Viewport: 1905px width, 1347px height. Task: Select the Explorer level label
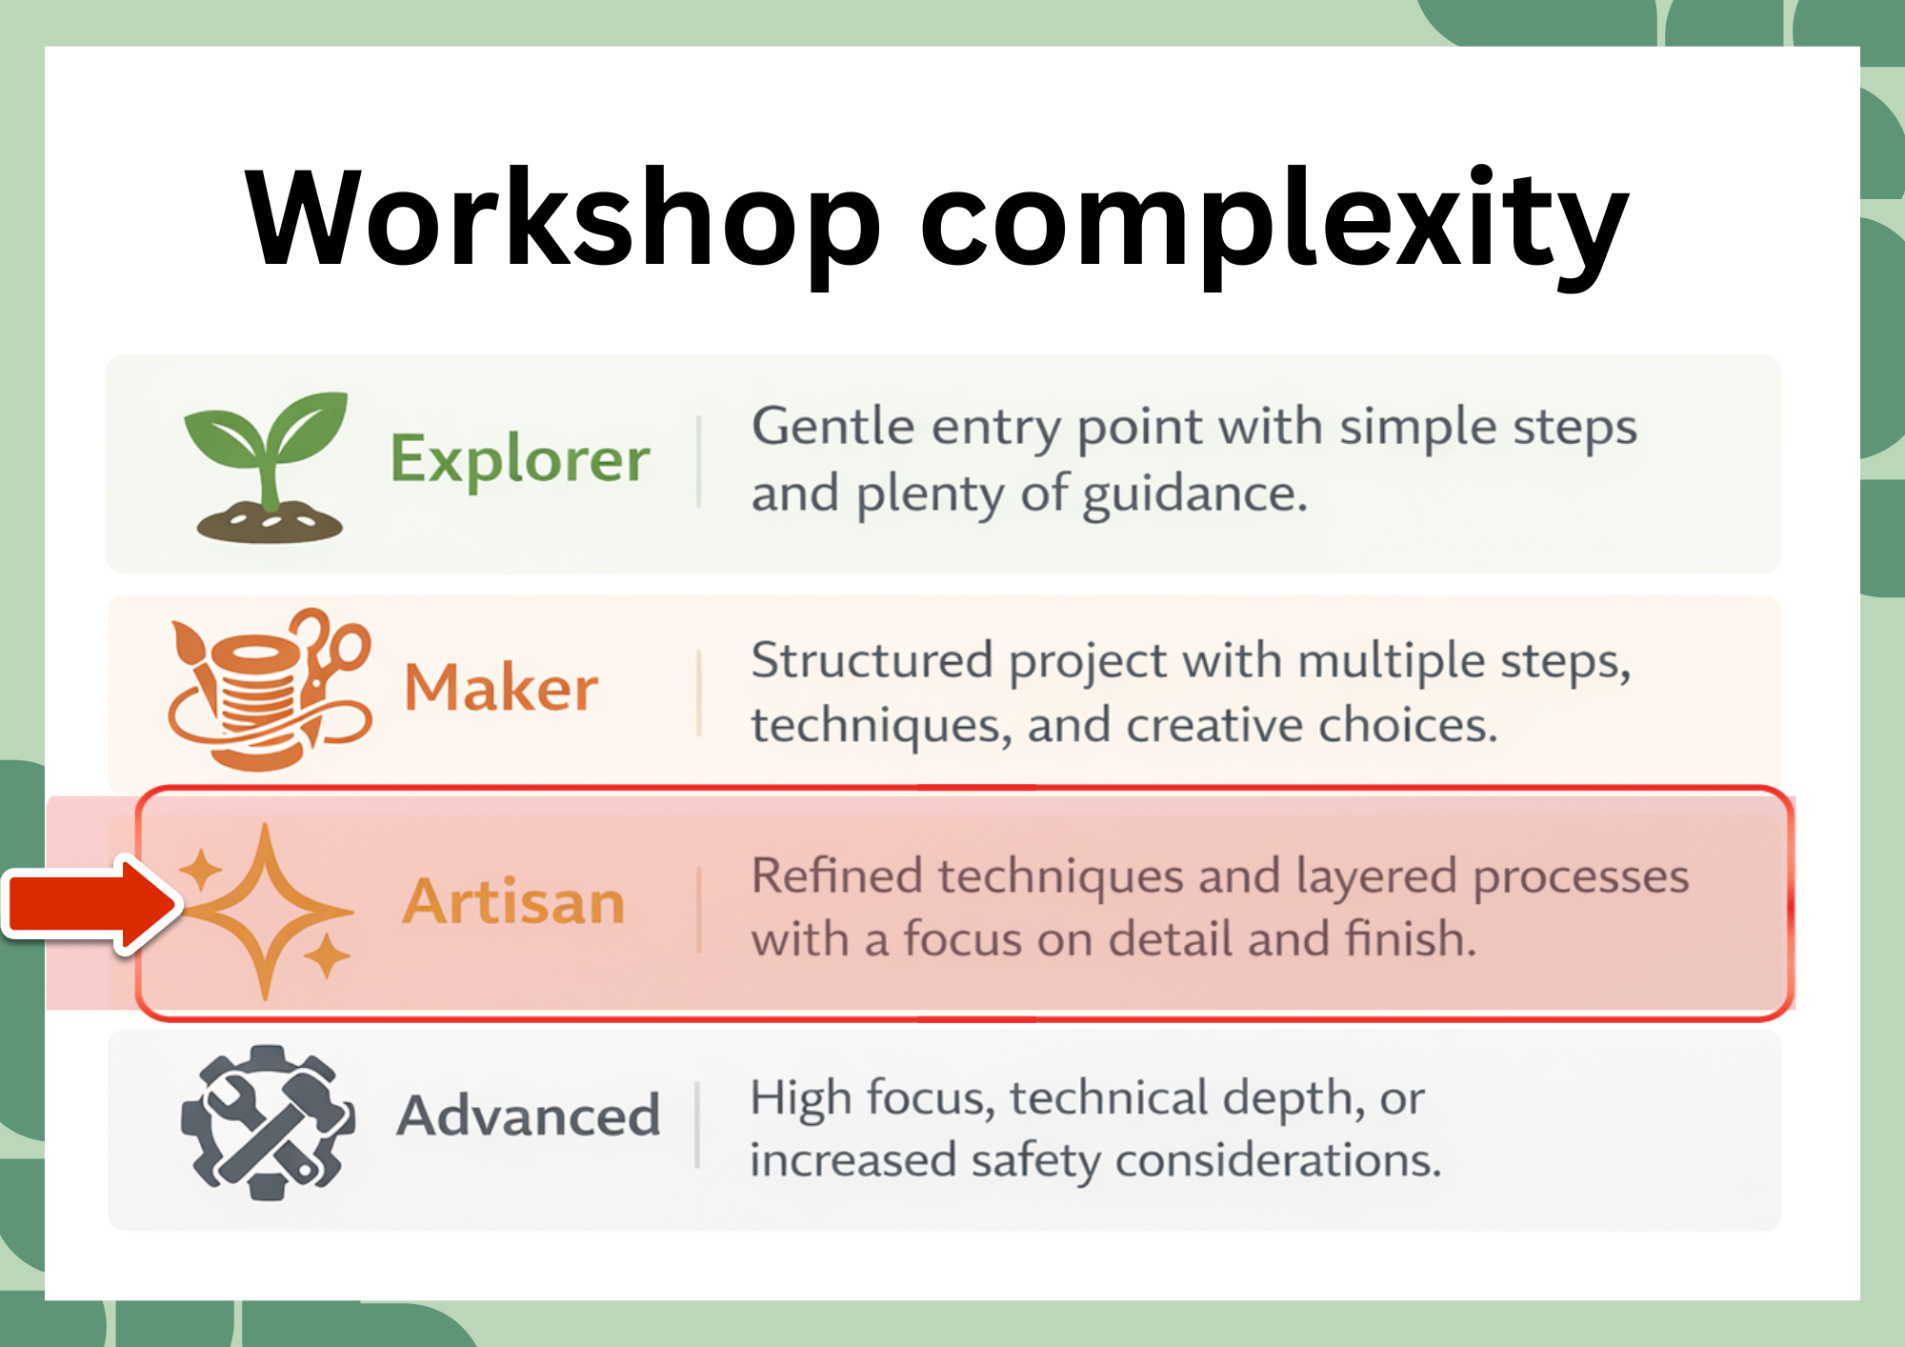[x=520, y=460]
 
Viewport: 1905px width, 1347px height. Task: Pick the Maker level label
[x=501, y=688]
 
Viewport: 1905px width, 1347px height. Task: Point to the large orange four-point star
[x=266, y=912]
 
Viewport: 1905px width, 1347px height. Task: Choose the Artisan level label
[x=512, y=901]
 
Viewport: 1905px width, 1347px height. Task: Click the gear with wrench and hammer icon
[x=268, y=1121]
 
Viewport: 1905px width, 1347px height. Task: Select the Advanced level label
[x=529, y=1115]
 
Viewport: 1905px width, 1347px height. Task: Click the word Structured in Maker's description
[x=872, y=660]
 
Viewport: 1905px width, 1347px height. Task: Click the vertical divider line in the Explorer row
[x=699, y=461]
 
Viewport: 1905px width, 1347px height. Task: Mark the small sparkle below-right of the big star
[x=328, y=955]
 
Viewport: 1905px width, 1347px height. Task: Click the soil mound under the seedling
[x=270, y=523]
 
